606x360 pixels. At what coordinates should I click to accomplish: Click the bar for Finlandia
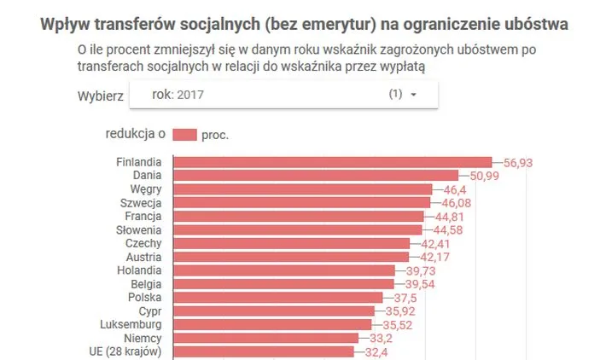332,162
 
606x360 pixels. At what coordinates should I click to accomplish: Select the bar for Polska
277,298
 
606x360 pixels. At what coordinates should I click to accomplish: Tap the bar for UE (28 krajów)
263,351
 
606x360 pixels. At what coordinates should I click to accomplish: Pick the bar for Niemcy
265,338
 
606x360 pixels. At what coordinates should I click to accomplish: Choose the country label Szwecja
143,203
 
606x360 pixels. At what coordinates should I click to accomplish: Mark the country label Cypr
150,311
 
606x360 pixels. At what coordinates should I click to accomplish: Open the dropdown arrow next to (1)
414,96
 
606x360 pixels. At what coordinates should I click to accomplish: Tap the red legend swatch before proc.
184,135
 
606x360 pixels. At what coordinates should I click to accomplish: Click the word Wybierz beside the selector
100,95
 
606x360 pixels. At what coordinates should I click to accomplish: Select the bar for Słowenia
297,229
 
